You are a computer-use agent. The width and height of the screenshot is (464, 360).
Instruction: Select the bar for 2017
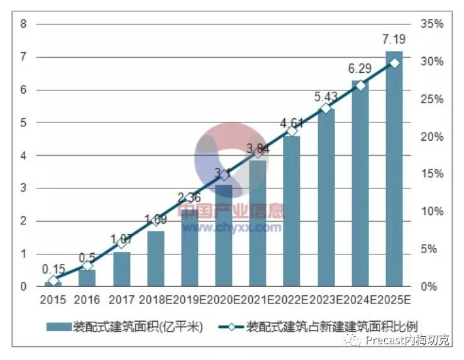[x=122, y=270]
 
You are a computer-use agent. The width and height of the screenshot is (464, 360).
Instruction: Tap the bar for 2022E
[x=292, y=211]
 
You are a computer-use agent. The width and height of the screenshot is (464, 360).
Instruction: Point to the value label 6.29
[x=360, y=68]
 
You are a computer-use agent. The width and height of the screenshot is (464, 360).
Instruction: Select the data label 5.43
[x=326, y=97]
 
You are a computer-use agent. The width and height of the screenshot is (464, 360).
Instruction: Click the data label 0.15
[x=54, y=269]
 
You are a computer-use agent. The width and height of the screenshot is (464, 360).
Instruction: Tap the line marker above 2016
[x=88, y=266]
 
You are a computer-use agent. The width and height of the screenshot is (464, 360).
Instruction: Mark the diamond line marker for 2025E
[x=394, y=63]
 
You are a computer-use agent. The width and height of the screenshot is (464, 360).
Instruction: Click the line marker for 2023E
[x=326, y=109]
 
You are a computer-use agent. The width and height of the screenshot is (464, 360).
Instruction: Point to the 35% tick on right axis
[x=432, y=24]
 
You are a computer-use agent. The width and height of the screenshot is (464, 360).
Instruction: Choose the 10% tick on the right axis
[x=432, y=212]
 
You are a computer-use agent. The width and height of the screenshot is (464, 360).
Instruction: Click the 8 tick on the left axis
[x=23, y=24]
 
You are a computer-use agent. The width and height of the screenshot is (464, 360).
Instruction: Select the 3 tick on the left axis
[x=23, y=188]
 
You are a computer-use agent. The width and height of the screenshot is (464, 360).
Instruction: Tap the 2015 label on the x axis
[x=53, y=299]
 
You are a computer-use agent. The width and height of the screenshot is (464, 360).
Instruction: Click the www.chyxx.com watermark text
[x=231, y=227]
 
